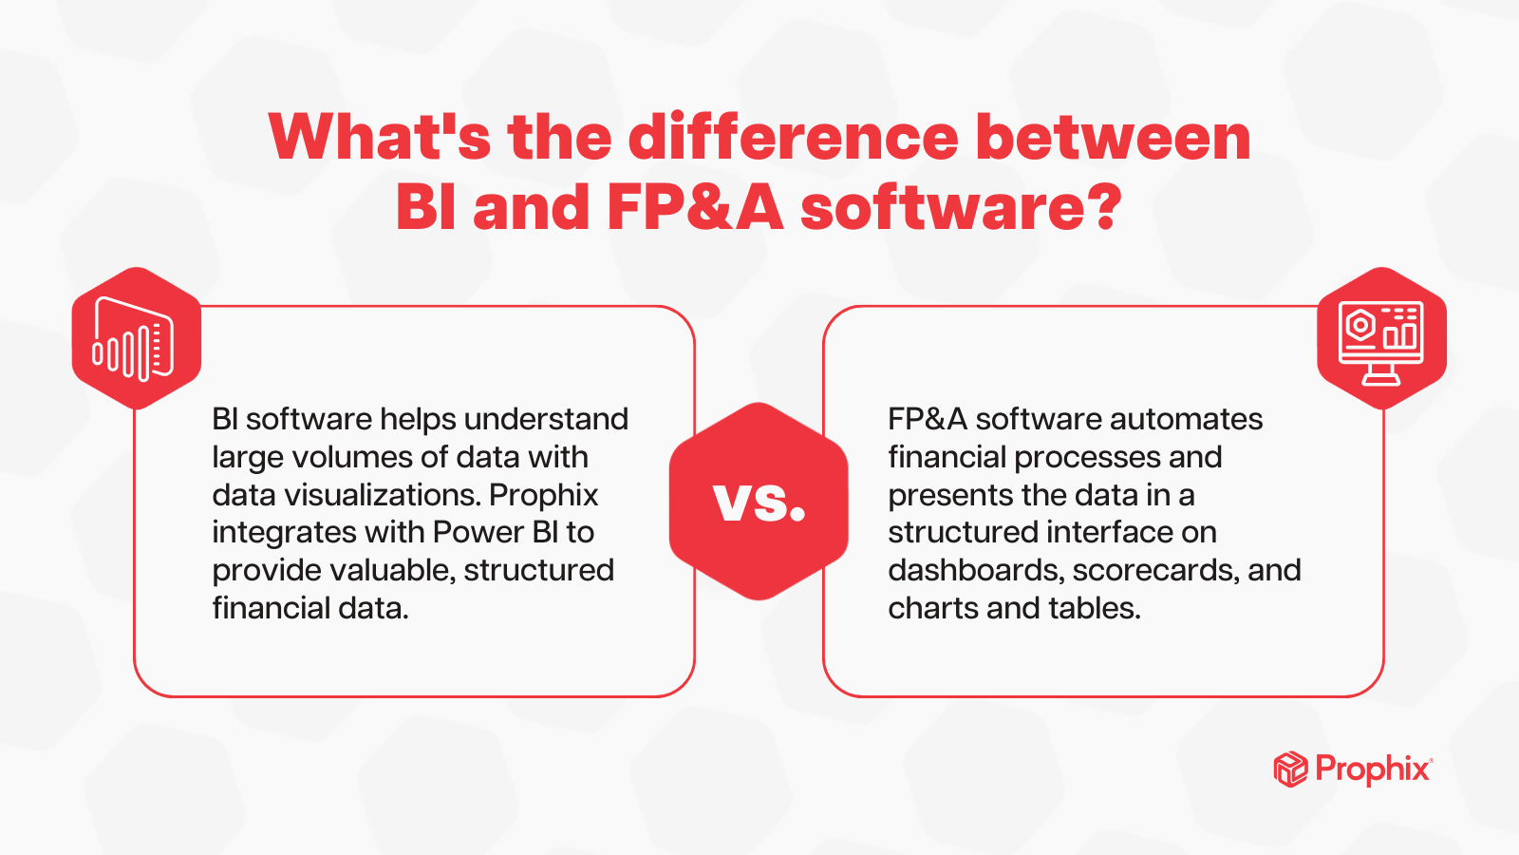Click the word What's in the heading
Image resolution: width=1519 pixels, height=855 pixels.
click(380, 137)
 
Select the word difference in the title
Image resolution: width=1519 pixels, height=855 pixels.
click(793, 137)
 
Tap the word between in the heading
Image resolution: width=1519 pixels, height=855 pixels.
click(1113, 137)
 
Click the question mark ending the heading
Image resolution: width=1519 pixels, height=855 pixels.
click(1104, 206)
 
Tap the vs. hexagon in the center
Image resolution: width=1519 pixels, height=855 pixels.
click(759, 502)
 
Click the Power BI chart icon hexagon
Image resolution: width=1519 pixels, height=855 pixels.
click(137, 338)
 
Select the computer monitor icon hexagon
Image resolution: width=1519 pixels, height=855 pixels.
click(1382, 338)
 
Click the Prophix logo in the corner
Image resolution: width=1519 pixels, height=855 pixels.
click(1353, 769)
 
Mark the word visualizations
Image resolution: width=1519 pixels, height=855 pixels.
click(383, 495)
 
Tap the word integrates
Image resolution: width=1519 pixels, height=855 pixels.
click(284, 533)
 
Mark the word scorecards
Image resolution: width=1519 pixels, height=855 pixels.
click(1156, 570)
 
